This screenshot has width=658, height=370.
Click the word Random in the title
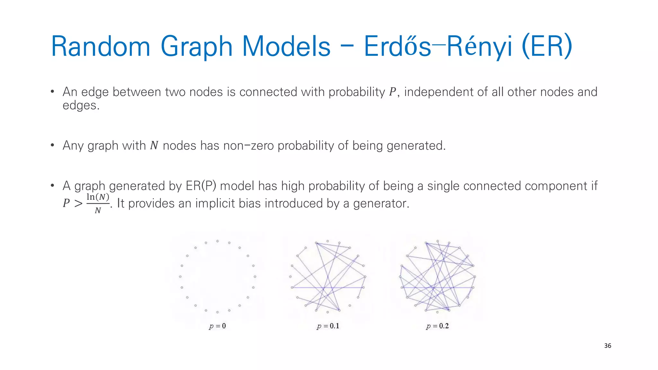coord(101,47)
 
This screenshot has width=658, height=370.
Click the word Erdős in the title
coord(397,47)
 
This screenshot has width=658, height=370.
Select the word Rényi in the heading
coord(479,47)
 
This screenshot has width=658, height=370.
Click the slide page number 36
coord(608,346)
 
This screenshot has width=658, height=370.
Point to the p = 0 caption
coord(218,326)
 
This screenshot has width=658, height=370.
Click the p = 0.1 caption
coord(328,326)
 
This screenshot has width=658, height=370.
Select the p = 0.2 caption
coord(437,326)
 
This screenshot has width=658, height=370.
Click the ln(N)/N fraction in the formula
coord(98,203)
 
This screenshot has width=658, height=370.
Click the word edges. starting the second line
coord(81,106)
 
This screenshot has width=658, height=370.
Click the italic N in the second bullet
coord(154,146)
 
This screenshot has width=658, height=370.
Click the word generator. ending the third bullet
coord(381,203)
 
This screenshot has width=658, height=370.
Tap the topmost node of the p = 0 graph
coord(218,241)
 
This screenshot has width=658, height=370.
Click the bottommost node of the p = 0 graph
coord(218,312)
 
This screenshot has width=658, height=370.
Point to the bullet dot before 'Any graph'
coord(52,145)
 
